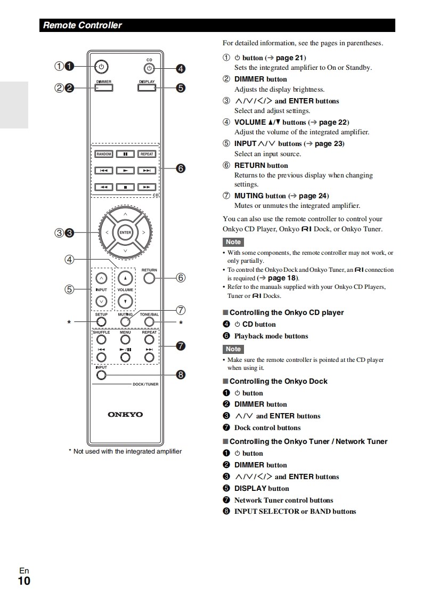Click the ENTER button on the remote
click(125, 232)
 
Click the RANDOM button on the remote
click(104, 154)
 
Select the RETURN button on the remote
click(150, 278)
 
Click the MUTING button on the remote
click(125, 321)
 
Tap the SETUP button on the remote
click(101, 321)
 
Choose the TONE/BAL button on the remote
click(149, 321)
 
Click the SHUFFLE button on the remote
click(101, 340)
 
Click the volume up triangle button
click(125, 278)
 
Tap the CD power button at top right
click(149, 68)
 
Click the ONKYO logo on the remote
click(125, 414)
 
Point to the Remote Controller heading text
click(83, 25)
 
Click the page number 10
click(24, 580)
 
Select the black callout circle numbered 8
click(181, 375)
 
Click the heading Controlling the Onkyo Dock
click(278, 381)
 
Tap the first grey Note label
click(233, 242)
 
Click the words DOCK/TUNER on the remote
click(145, 384)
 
